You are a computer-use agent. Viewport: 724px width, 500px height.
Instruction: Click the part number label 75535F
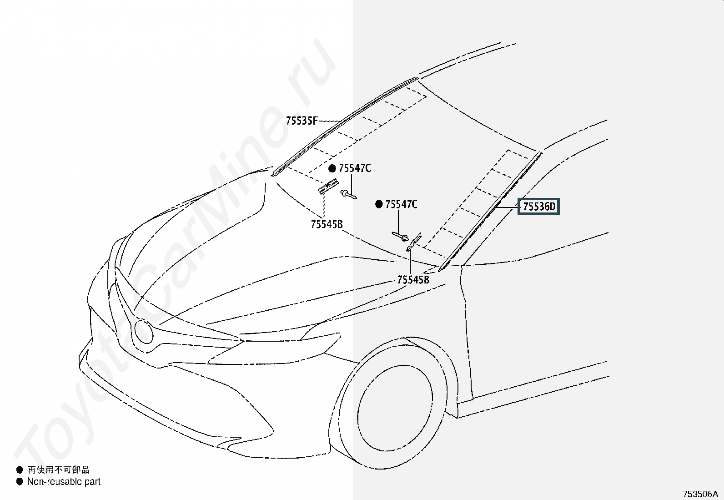coord(302,121)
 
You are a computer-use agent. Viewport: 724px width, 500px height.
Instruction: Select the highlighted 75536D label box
coord(539,207)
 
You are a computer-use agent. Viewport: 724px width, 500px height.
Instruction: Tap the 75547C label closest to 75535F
coord(355,169)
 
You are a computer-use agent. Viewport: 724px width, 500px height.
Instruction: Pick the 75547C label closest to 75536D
coord(401,205)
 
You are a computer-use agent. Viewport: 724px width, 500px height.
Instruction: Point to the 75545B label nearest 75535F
coord(327,224)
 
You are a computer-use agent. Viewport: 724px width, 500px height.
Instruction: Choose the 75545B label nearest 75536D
coord(413,280)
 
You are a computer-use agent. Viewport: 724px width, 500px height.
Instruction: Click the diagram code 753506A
coord(700,494)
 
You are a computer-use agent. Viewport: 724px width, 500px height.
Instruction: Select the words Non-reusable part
coord(64,481)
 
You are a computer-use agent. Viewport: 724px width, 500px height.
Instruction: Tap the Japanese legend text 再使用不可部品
coord(58,470)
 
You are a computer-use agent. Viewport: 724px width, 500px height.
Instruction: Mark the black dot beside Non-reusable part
coord(19,481)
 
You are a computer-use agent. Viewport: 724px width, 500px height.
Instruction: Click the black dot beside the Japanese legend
coord(19,470)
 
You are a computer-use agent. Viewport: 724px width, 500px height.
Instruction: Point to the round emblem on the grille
coord(144,332)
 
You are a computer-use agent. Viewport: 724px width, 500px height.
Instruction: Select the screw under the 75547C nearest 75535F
coord(349,194)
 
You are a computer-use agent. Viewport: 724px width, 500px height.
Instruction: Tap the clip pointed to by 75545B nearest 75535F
coord(328,186)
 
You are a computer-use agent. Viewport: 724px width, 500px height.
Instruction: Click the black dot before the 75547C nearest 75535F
coord(332,169)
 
